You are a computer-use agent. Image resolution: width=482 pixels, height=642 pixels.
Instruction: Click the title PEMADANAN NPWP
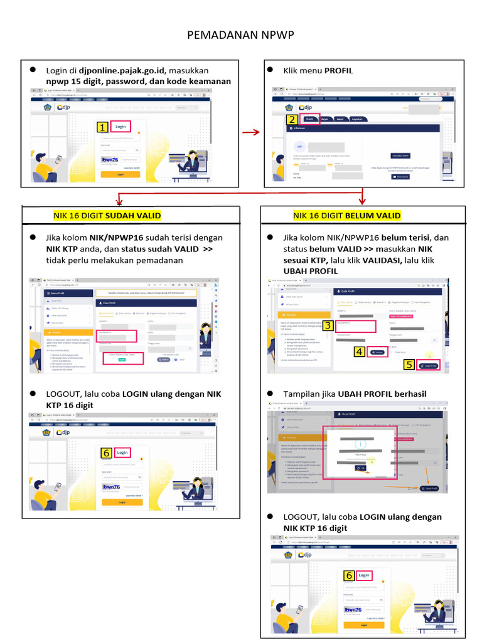240,36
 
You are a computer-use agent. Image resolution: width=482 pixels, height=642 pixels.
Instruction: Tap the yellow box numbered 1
102,127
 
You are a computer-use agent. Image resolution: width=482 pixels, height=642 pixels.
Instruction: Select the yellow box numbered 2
291,120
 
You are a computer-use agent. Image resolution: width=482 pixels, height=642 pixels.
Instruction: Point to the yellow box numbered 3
328,325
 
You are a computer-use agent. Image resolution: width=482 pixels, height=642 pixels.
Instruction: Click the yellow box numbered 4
359,352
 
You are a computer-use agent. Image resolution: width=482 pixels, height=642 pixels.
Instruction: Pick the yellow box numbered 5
409,364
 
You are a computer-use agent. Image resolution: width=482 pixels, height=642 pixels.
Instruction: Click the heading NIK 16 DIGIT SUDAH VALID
107,216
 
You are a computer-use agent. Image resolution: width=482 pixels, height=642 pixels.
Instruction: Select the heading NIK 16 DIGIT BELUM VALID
346,216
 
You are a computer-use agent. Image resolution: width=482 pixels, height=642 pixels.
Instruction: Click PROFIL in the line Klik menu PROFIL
338,71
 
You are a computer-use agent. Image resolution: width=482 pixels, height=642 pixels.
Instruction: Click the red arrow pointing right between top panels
251,132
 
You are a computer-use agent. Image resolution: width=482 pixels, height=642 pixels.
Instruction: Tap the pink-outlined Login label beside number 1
120,126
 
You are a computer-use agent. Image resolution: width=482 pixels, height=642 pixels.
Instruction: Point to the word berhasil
410,394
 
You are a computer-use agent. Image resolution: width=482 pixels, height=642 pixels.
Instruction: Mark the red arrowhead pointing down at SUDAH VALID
119,201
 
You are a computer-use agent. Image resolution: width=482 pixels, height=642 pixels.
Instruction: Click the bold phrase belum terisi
406,238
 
